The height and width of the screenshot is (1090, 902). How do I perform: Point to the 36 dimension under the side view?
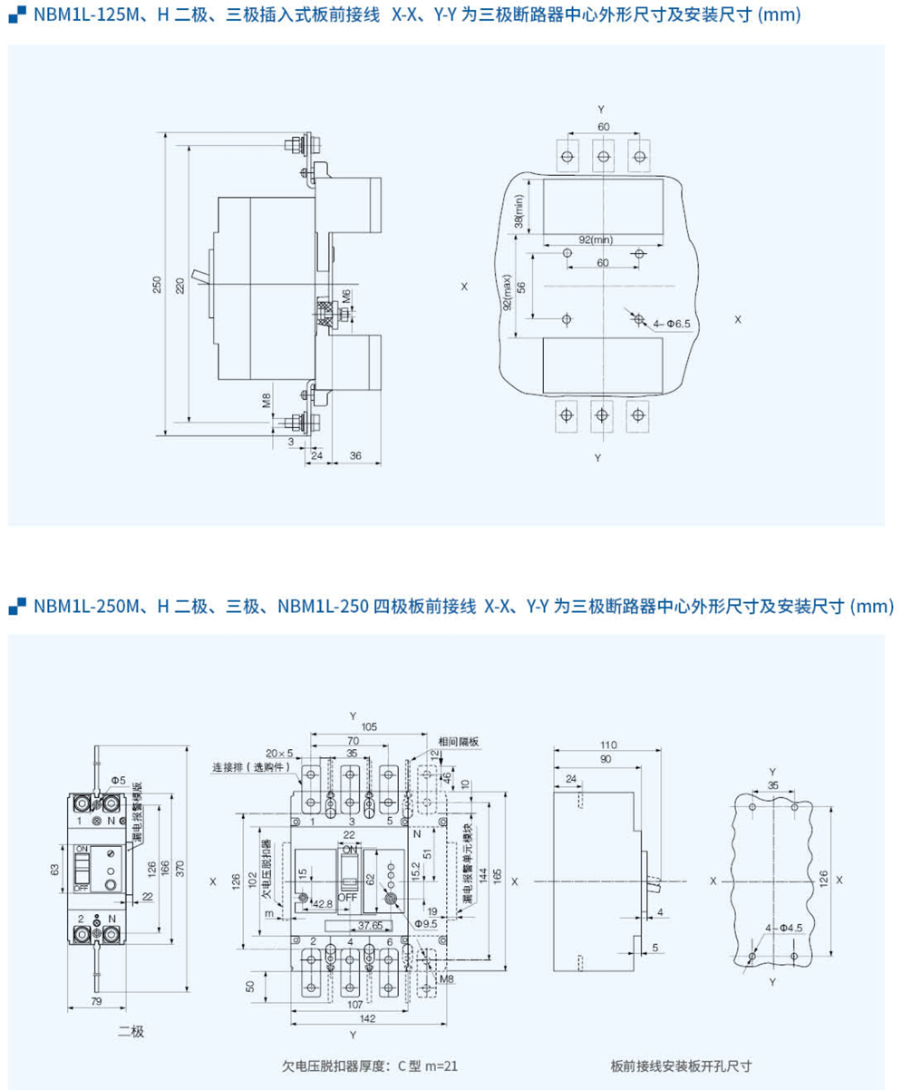[x=355, y=456]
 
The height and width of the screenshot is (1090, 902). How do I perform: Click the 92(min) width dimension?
[x=596, y=239]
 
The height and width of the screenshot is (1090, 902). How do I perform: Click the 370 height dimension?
[x=181, y=868]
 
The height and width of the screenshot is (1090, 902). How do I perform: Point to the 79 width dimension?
[x=97, y=1001]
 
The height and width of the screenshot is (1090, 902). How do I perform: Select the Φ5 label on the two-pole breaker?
[x=118, y=780]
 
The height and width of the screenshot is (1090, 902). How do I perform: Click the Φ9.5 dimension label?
[x=426, y=923]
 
